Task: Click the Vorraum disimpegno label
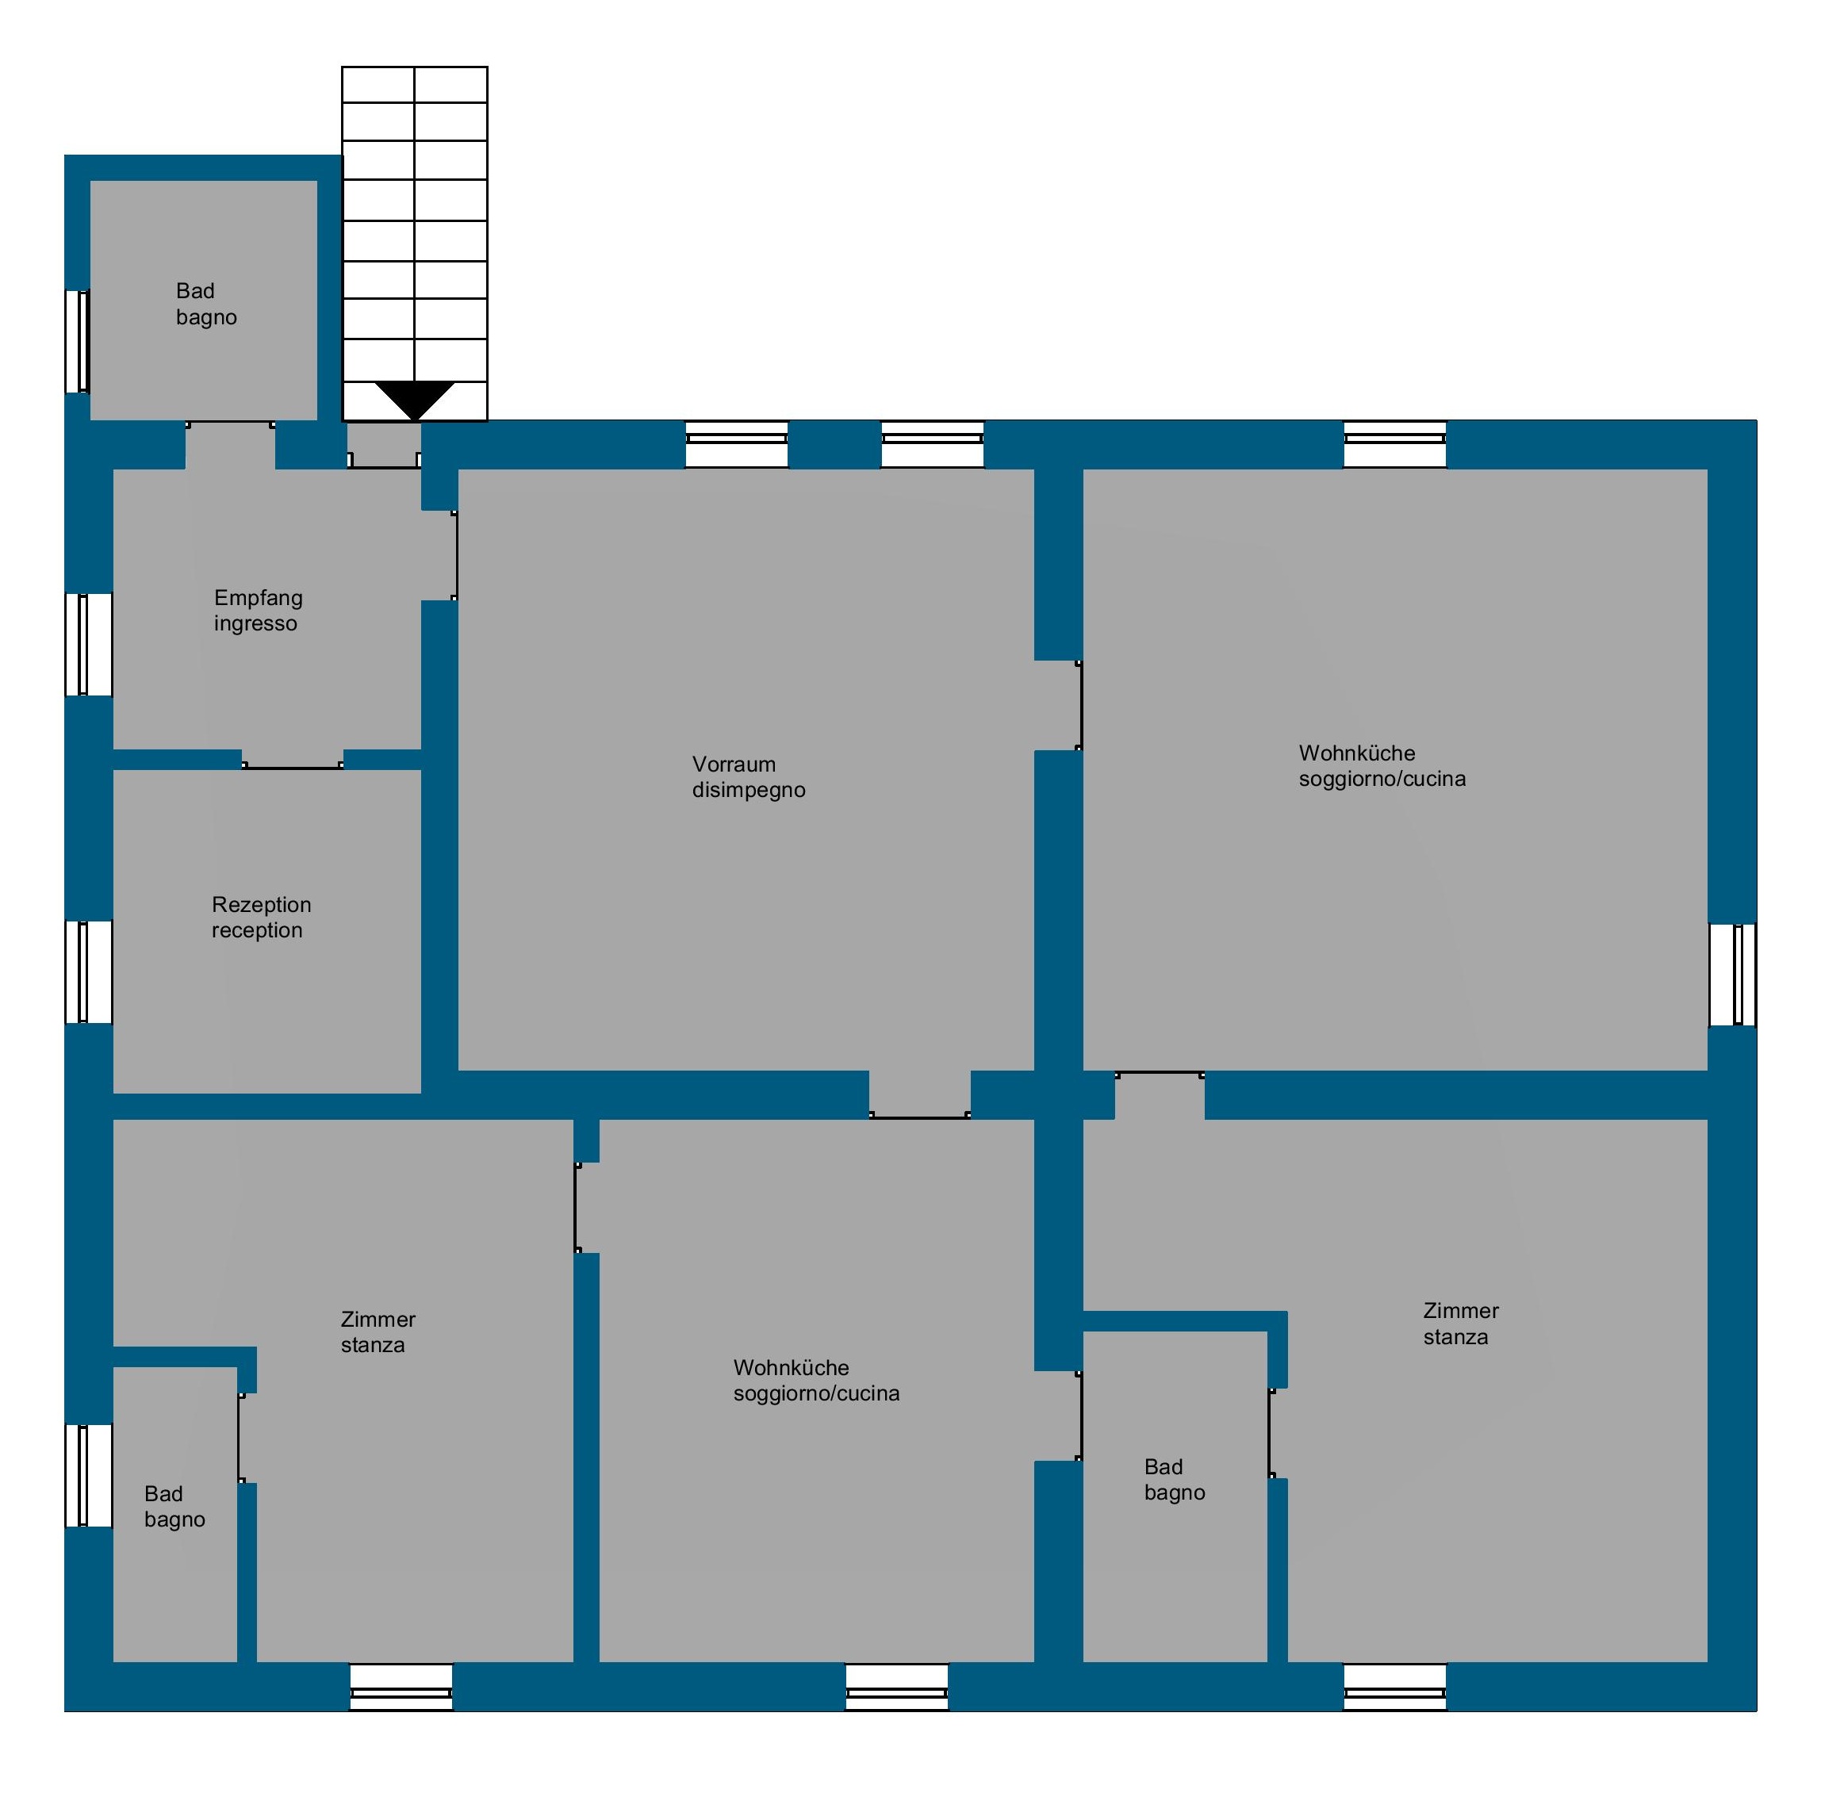(749, 776)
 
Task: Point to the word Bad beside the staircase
(195, 291)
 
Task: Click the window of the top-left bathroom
(78, 341)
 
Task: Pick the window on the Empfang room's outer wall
(89, 646)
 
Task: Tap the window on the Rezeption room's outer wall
(89, 972)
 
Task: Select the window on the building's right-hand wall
(1733, 974)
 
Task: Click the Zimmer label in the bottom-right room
(1461, 1310)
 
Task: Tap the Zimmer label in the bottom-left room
(378, 1319)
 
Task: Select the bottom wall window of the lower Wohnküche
(896, 1687)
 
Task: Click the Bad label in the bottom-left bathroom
(163, 1493)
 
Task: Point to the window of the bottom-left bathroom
(89, 1475)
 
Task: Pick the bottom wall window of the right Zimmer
(1395, 1687)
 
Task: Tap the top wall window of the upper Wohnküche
(1395, 445)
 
